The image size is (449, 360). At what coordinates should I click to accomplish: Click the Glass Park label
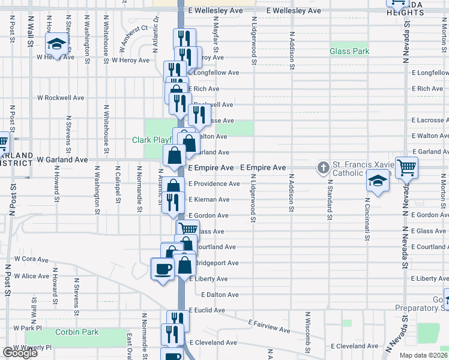(349, 52)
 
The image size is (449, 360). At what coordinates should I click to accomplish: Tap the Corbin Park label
(76, 332)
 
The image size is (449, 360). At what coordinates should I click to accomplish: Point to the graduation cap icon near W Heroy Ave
(56, 44)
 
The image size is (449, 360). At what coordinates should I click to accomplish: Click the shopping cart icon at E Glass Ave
(188, 229)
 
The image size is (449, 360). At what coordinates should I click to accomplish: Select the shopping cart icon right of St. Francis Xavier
(406, 167)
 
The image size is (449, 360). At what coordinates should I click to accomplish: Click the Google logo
(20, 353)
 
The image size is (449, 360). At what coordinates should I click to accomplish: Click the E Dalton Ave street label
(220, 295)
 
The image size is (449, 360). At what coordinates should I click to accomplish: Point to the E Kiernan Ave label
(209, 199)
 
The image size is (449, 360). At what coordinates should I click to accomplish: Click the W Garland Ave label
(62, 160)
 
